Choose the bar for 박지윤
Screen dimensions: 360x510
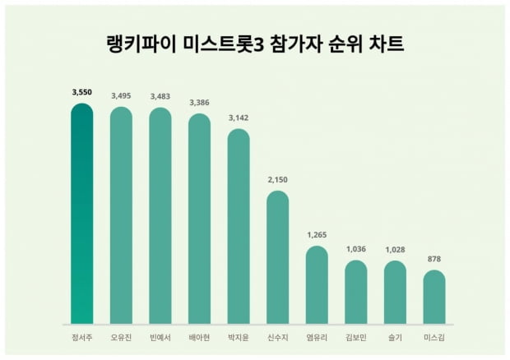(x=239, y=227)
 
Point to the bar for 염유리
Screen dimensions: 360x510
(x=317, y=285)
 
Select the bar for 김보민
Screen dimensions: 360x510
(x=355, y=293)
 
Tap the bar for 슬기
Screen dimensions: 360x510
(x=395, y=293)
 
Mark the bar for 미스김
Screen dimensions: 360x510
(x=433, y=298)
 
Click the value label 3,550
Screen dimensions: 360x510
(x=82, y=94)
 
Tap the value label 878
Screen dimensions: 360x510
(x=433, y=260)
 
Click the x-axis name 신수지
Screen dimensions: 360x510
(x=277, y=338)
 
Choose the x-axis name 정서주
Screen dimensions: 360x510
(x=82, y=338)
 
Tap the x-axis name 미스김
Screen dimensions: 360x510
(x=433, y=338)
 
